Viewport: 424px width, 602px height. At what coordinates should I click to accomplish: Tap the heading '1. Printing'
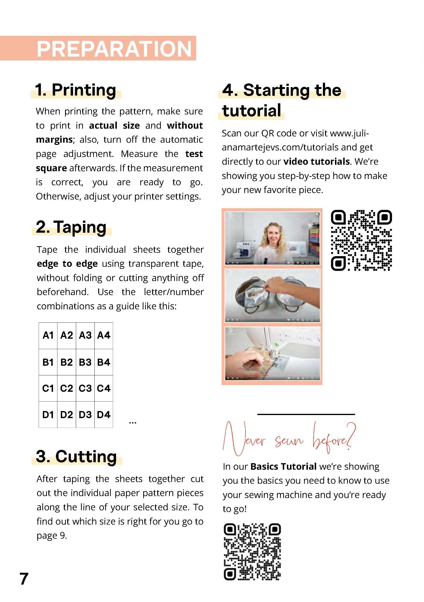[x=76, y=90]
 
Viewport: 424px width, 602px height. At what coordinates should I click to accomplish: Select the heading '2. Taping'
[x=71, y=227]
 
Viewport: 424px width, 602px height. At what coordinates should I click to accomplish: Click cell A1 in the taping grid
[x=48, y=335]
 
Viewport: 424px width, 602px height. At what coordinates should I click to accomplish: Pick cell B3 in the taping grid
[x=85, y=362]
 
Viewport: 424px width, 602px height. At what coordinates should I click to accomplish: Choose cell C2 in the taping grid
[x=67, y=388]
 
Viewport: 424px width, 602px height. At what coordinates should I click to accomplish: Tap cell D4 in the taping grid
[x=104, y=415]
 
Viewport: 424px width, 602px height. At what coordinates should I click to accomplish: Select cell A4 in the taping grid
[x=104, y=335]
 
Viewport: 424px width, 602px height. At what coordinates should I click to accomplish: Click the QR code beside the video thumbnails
[x=361, y=240]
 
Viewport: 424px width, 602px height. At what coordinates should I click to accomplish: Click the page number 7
[x=24, y=579]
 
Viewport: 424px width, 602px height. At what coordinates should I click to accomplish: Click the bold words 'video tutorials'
[x=317, y=162]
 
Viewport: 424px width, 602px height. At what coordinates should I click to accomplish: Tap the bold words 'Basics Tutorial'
[x=283, y=467]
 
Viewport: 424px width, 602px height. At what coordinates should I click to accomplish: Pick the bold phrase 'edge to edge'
[x=67, y=263]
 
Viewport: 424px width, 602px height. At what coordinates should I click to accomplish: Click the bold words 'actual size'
[x=114, y=126]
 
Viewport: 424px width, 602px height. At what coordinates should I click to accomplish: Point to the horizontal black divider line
[x=306, y=414]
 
